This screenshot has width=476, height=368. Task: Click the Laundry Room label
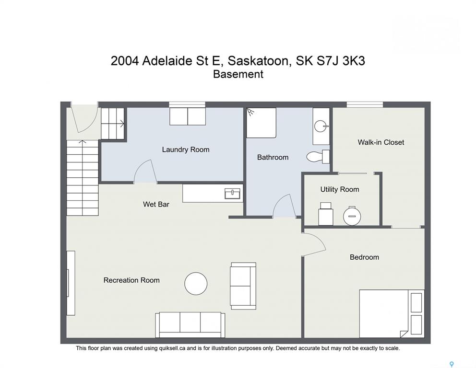186,150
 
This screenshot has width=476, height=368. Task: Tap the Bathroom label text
273,157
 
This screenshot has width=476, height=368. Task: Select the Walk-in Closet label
381,142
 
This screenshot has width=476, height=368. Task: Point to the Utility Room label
340,189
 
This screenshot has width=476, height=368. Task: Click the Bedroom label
364,257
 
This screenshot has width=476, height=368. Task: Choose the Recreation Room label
131,280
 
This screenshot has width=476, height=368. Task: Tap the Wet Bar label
156,204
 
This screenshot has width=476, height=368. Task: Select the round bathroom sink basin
321,126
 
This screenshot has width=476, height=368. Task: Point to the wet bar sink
232,194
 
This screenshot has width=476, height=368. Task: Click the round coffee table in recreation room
196,284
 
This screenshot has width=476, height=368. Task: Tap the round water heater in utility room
352,216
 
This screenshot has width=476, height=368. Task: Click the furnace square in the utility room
325,214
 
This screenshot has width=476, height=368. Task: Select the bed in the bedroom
392,313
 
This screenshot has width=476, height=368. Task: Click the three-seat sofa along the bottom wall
190,325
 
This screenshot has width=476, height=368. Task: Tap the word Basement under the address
238,74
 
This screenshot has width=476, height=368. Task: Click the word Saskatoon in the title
258,61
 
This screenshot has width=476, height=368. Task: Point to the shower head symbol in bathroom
250,112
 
